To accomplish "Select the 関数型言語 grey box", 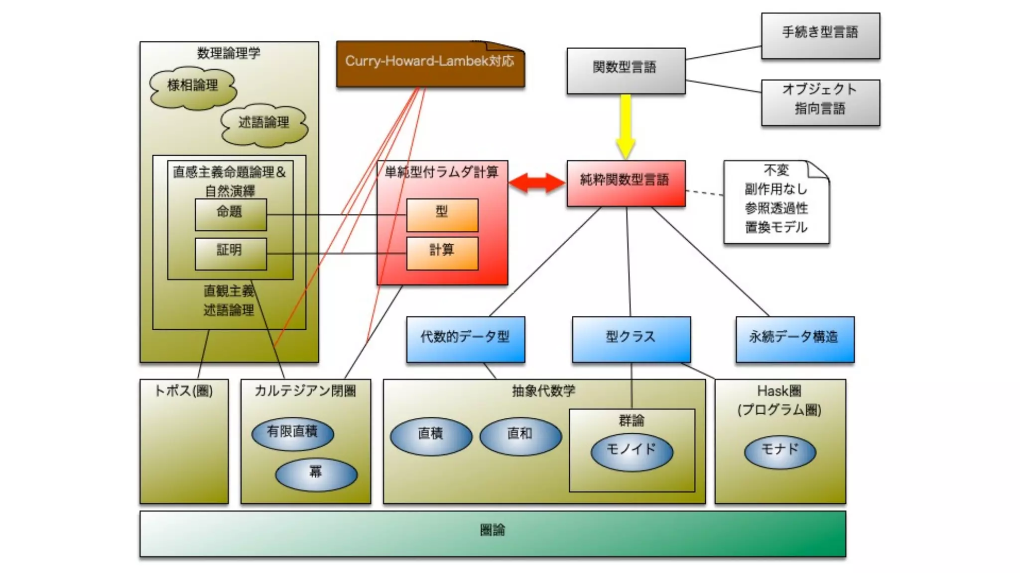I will click(626, 71).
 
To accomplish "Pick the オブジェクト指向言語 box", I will click(820, 102).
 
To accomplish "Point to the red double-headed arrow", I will click(537, 183).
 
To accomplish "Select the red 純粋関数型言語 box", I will click(626, 183).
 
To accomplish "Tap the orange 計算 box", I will click(442, 253).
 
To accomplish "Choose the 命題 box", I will click(230, 214).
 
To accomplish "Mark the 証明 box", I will click(230, 253).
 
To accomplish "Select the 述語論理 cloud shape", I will click(264, 124).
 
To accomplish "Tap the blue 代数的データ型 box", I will click(465, 339).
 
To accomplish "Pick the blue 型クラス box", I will click(631, 339).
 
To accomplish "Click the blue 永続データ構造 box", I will click(794, 339).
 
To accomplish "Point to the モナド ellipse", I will click(779, 452).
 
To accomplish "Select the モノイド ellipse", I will click(632, 452).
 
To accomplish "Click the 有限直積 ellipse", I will click(292, 433).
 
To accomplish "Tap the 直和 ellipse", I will click(520, 436).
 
